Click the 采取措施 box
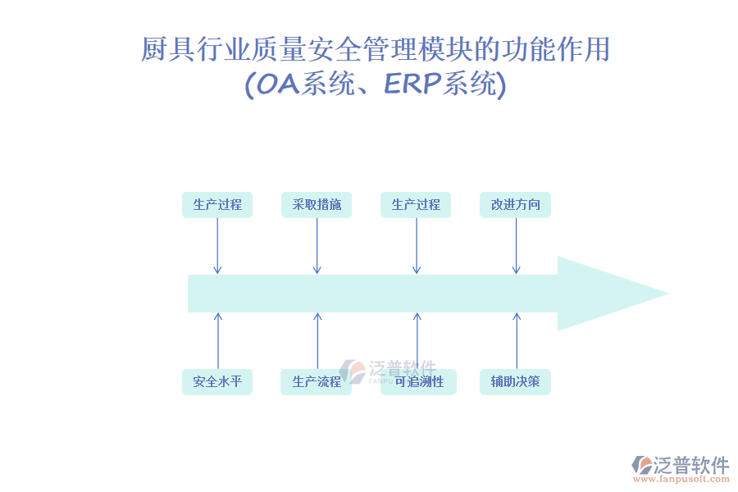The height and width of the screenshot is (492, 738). pyautogui.click(x=317, y=205)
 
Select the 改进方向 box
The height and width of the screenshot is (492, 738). pyautogui.click(x=515, y=205)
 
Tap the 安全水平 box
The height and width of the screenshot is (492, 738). pyautogui.click(x=217, y=381)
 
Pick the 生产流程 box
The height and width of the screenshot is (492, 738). pyautogui.click(x=317, y=381)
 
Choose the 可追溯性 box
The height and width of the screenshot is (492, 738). pyautogui.click(x=418, y=381)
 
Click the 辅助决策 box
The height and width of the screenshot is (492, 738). pyautogui.click(x=515, y=381)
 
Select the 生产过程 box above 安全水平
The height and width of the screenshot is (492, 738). pyautogui.click(x=217, y=205)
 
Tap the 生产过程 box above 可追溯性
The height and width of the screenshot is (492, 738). pyautogui.click(x=416, y=205)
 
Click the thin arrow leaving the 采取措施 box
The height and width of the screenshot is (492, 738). pyautogui.click(x=317, y=246)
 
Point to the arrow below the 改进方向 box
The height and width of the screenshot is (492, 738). pyautogui.click(x=516, y=246)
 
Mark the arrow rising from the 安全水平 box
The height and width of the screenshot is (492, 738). pyautogui.click(x=218, y=340)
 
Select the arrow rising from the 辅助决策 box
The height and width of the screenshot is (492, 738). pyautogui.click(x=517, y=340)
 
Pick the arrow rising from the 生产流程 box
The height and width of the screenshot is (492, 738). pyautogui.click(x=317, y=340)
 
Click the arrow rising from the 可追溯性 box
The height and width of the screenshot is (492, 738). pyautogui.click(x=417, y=340)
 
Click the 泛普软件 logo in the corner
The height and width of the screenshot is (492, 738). pyautogui.click(x=681, y=465)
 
